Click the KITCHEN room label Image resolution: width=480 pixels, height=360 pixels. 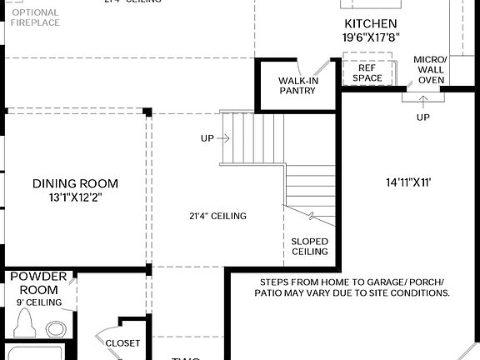[370, 23]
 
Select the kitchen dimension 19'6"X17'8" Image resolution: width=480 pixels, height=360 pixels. [370, 37]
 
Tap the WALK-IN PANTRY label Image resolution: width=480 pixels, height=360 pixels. [297, 85]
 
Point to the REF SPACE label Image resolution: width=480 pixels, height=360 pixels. [367, 73]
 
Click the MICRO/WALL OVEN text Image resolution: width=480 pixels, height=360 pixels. [431, 70]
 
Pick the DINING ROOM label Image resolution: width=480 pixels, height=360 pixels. [75, 183]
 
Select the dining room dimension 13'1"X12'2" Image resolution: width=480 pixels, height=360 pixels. [75, 197]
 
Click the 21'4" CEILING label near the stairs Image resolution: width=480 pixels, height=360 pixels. [217, 217]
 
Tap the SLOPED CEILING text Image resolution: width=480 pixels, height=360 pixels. [309, 246]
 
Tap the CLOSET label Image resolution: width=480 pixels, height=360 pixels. [122, 342]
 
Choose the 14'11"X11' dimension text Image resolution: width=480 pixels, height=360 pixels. [407, 182]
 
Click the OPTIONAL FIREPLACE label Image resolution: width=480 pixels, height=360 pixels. [35, 17]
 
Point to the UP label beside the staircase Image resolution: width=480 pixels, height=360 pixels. [208, 137]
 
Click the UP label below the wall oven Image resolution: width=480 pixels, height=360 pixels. [423, 117]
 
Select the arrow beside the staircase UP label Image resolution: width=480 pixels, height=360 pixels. [224, 137]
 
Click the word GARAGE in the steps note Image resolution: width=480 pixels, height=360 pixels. [370, 282]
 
